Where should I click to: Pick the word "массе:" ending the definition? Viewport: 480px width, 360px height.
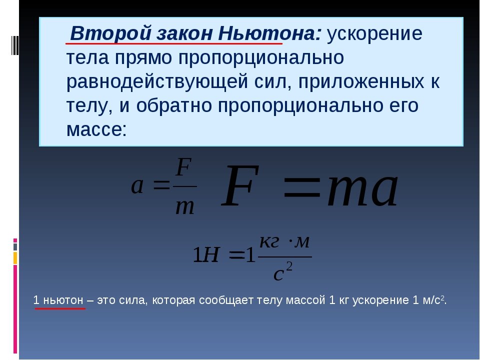[97, 129]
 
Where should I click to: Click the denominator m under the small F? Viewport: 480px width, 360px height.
[184, 206]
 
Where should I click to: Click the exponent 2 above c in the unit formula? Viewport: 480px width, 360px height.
[289, 266]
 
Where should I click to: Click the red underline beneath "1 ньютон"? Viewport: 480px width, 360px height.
[60, 309]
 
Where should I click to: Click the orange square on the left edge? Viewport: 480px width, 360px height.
[15, 257]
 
